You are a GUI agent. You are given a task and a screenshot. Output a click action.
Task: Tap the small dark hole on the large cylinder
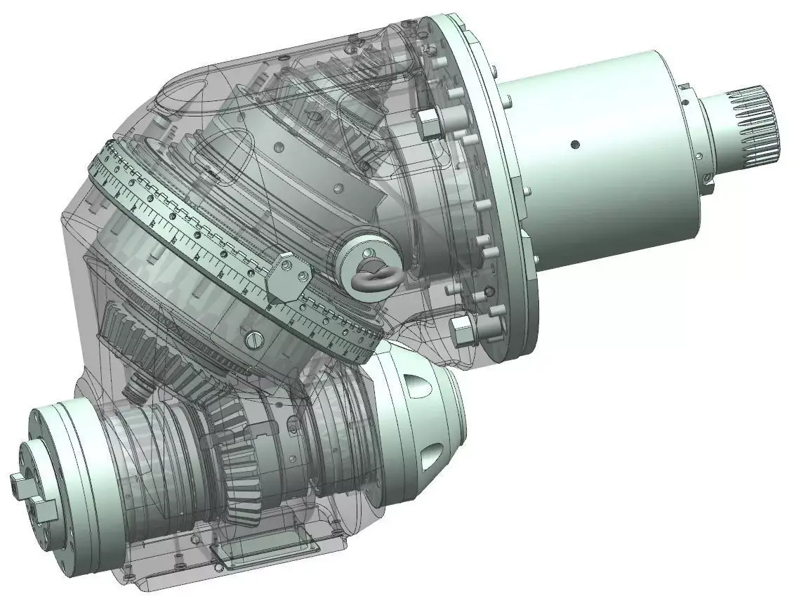(x=575, y=145)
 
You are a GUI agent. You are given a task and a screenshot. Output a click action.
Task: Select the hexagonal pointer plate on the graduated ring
(x=287, y=280)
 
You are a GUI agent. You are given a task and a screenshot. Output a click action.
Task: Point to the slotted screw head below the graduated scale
(x=253, y=339)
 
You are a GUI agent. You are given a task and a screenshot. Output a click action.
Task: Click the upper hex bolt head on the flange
(x=427, y=121)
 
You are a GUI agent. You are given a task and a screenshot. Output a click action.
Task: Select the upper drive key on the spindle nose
(x=19, y=480)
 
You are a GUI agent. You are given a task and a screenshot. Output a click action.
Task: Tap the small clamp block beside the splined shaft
(x=706, y=184)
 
